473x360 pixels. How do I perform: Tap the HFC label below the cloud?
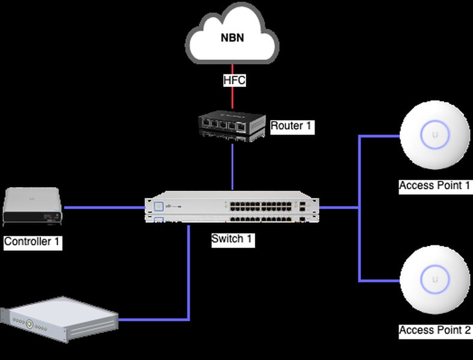[234, 80]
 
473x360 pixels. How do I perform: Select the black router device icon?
[232, 125]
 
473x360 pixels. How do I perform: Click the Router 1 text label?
[292, 126]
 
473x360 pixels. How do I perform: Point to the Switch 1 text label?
[232, 239]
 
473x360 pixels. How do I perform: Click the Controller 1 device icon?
[32, 206]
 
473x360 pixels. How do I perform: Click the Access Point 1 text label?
[435, 185]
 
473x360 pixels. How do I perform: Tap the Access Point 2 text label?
[435, 331]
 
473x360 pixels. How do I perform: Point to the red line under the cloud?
[233, 96]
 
